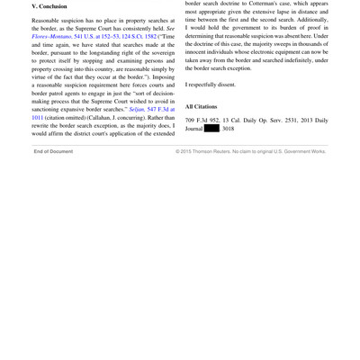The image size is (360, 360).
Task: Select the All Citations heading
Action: (x=202, y=106)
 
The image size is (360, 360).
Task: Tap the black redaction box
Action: (x=212, y=129)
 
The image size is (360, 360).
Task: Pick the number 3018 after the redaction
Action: (x=229, y=129)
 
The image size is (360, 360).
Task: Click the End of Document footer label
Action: (x=53, y=151)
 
